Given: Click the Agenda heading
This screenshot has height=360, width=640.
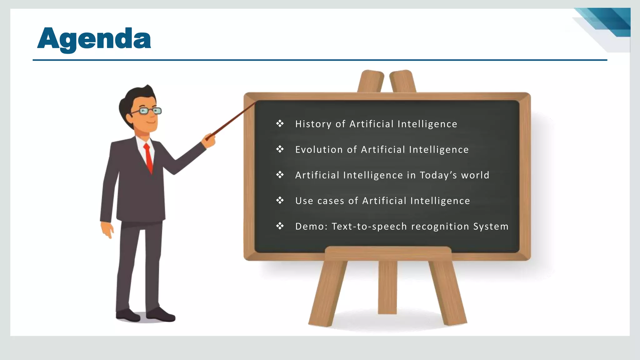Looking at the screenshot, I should pyautogui.click(x=94, y=39).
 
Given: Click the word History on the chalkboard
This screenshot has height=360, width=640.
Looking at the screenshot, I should pyautogui.click(x=313, y=124).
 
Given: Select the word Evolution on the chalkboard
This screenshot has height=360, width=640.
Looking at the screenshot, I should pyautogui.click(x=319, y=150).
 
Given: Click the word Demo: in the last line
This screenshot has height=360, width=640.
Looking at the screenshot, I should pyautogui.click(x=311, y=227).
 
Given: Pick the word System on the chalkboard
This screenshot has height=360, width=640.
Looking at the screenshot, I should pyautogui.click(x=491, y=227).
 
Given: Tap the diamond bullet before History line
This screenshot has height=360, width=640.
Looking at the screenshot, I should pyautogui.click(x=280, y=124).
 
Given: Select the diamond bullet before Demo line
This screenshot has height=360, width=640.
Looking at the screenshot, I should pyautogui.click(x=280, y=226).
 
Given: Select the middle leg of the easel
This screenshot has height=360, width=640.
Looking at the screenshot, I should pyautogui.click(x=387, y=287).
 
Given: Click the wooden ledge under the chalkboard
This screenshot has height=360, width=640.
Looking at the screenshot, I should pyautogui.click(x=388, y=253).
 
